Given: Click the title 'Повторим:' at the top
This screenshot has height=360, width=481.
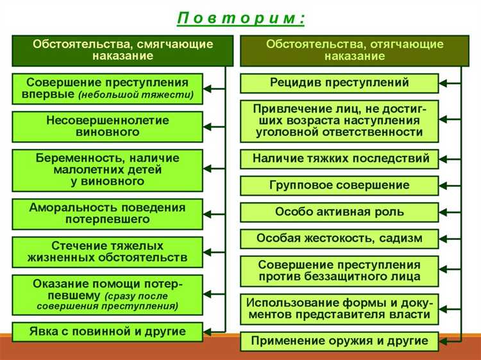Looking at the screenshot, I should click(240, 18).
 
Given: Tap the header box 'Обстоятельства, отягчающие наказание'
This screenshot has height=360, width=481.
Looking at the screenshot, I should click(355, 50).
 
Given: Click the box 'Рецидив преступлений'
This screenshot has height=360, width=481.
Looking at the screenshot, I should click(340, 83).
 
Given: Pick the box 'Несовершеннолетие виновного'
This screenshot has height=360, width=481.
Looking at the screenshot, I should click(107, 126).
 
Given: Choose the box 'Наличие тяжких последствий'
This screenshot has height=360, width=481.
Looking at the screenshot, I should click(340, 159).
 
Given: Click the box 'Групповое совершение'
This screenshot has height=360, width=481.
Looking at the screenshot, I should click(340, 185).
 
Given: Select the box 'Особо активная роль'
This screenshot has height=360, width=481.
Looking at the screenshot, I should click(340, 212).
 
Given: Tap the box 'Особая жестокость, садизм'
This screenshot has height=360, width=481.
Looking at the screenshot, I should click(340, 238).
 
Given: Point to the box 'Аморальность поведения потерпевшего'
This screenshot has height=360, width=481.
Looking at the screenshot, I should click(107, 214).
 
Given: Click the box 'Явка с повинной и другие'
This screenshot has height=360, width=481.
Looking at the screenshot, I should click(107, 332).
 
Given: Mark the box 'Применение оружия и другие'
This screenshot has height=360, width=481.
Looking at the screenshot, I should click(340, 341).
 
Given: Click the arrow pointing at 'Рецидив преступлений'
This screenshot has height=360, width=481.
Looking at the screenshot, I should click(449, 83).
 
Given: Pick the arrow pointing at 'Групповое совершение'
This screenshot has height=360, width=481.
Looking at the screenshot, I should click(449, 185).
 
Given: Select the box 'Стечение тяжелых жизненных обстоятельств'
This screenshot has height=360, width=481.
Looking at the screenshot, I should click(107, 252).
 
